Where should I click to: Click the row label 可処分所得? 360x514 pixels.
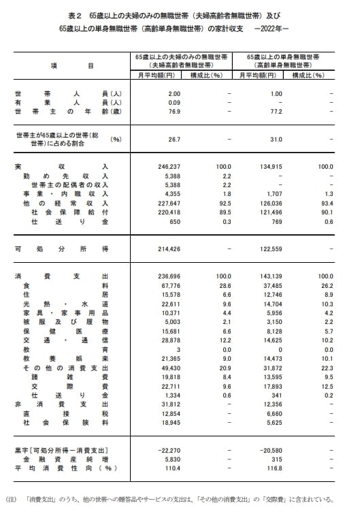pyautogui.click(x=61, y=249)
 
